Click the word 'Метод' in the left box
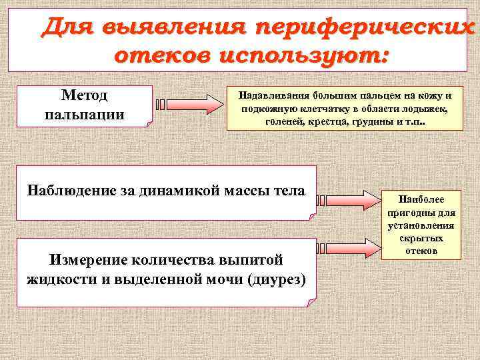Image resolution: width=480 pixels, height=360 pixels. [84, 96]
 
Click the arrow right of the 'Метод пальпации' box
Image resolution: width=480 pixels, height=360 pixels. [190, 105]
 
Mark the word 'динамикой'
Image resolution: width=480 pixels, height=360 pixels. [172, 191]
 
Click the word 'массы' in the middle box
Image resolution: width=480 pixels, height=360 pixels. [242, 191]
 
